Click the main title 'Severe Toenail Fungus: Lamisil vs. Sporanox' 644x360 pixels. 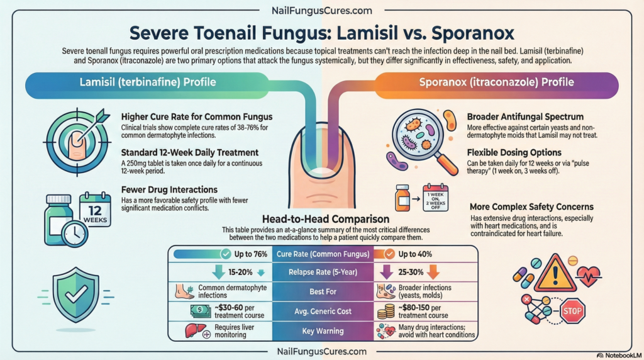coord(321,33)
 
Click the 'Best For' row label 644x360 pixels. coord(323,291)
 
